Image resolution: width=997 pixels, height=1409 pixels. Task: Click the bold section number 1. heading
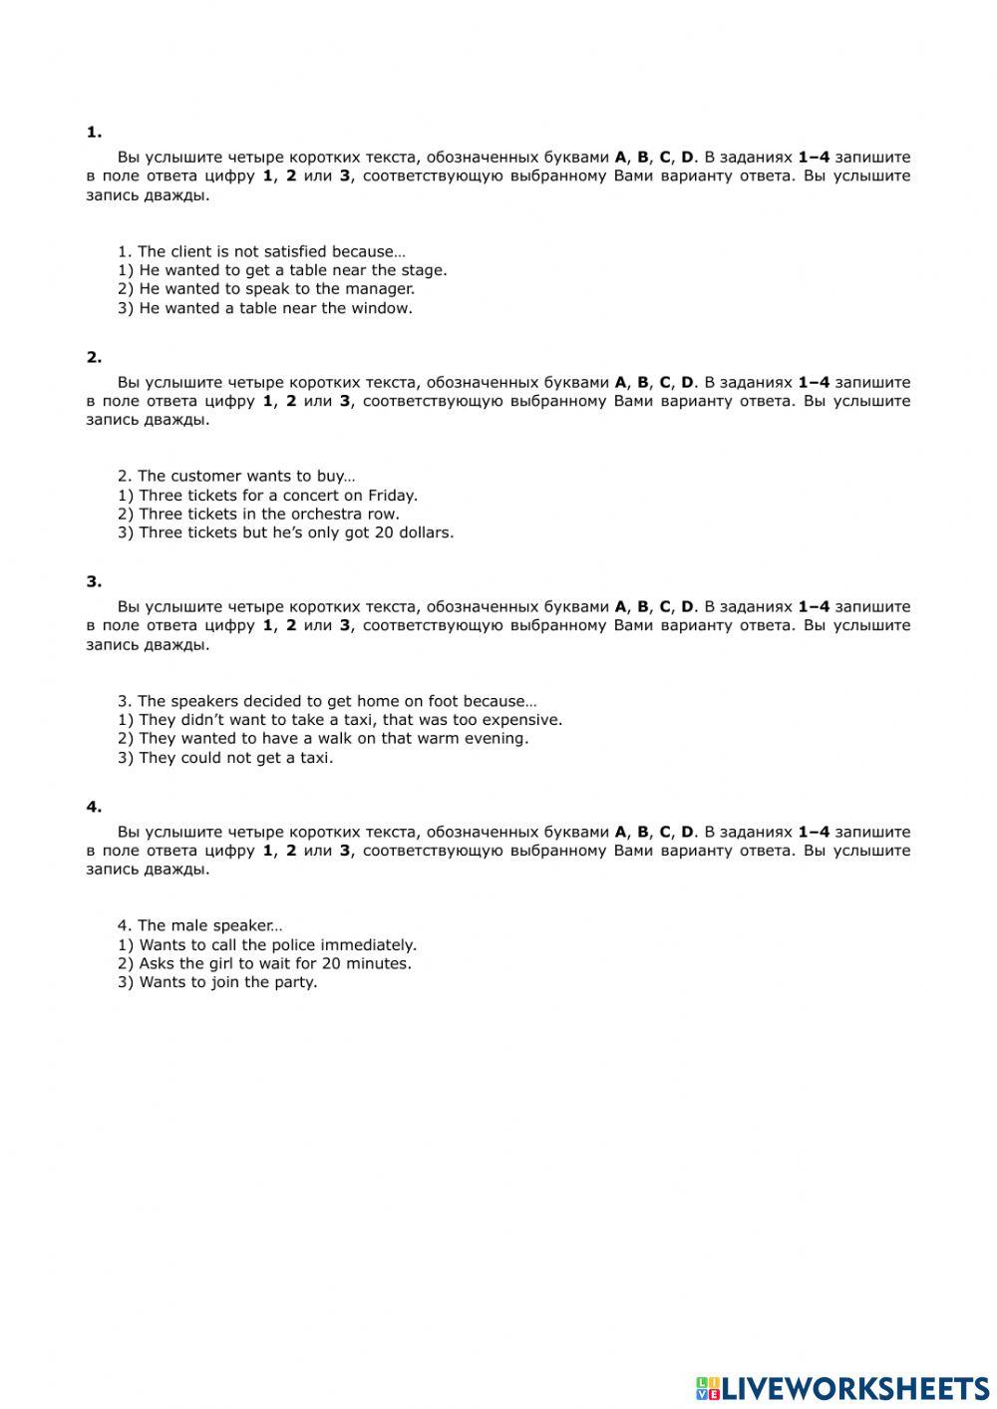[x=94, y=132]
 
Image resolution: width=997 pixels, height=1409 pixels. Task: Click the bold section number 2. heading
[x=94, y=357]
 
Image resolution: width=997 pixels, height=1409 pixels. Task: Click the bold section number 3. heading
[x=94, y=581]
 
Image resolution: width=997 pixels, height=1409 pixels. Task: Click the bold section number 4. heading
[x=94, y=807]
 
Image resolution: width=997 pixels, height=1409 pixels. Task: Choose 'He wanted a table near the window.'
[x=265, y=308]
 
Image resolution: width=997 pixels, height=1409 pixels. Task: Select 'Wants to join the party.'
[x=217, y=982]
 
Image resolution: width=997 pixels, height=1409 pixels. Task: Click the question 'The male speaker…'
[x=199, y=925]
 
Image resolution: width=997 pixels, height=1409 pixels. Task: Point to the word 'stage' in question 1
[x=422, y=270]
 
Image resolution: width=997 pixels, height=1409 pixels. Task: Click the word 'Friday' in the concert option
[x=391, y=496]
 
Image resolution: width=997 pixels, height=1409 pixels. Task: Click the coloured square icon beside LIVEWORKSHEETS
[x=707, y=1387]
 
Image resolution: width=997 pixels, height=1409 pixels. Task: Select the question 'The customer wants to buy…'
[x=236, y=477]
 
